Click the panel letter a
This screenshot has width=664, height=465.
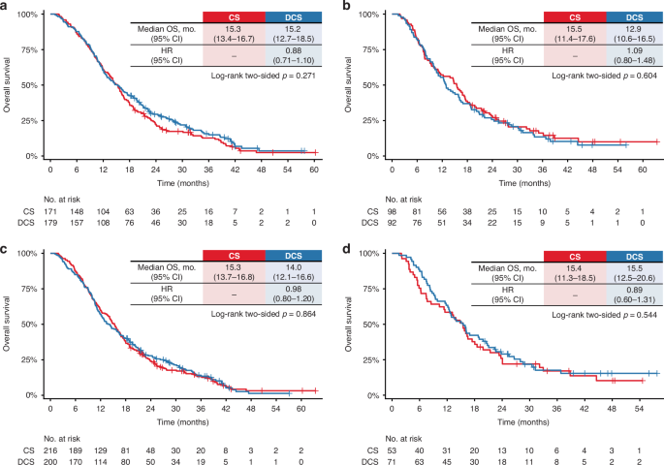point(4,7)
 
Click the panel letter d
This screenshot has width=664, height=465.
point(346,248)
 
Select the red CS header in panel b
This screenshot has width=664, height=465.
point(575,17)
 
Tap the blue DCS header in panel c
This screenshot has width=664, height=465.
point(294,256)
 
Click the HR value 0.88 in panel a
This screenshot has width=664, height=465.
point(294,50)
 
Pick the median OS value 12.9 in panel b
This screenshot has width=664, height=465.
point(634,29)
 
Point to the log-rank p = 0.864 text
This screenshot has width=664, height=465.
point(264,314)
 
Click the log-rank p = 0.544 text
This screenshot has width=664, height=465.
point(604,315)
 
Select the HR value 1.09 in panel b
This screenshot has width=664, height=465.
point(634,50)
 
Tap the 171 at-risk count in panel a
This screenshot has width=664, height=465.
point(50,211)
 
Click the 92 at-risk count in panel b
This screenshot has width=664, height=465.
point(392,223)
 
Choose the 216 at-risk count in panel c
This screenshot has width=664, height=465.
point(50,450)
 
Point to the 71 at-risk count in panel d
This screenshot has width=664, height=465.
point(392,461)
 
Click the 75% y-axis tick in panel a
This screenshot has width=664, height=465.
point(30,50)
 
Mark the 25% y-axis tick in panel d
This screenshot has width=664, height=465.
point(370,359)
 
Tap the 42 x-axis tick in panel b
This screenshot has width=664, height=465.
point(567,170)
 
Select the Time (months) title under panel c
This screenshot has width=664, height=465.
point(183,421)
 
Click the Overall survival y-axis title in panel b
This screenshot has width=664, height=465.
point(348,84)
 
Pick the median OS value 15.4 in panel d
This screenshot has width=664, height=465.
point(575,268)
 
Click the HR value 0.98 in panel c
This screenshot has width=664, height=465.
point(294,289)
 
